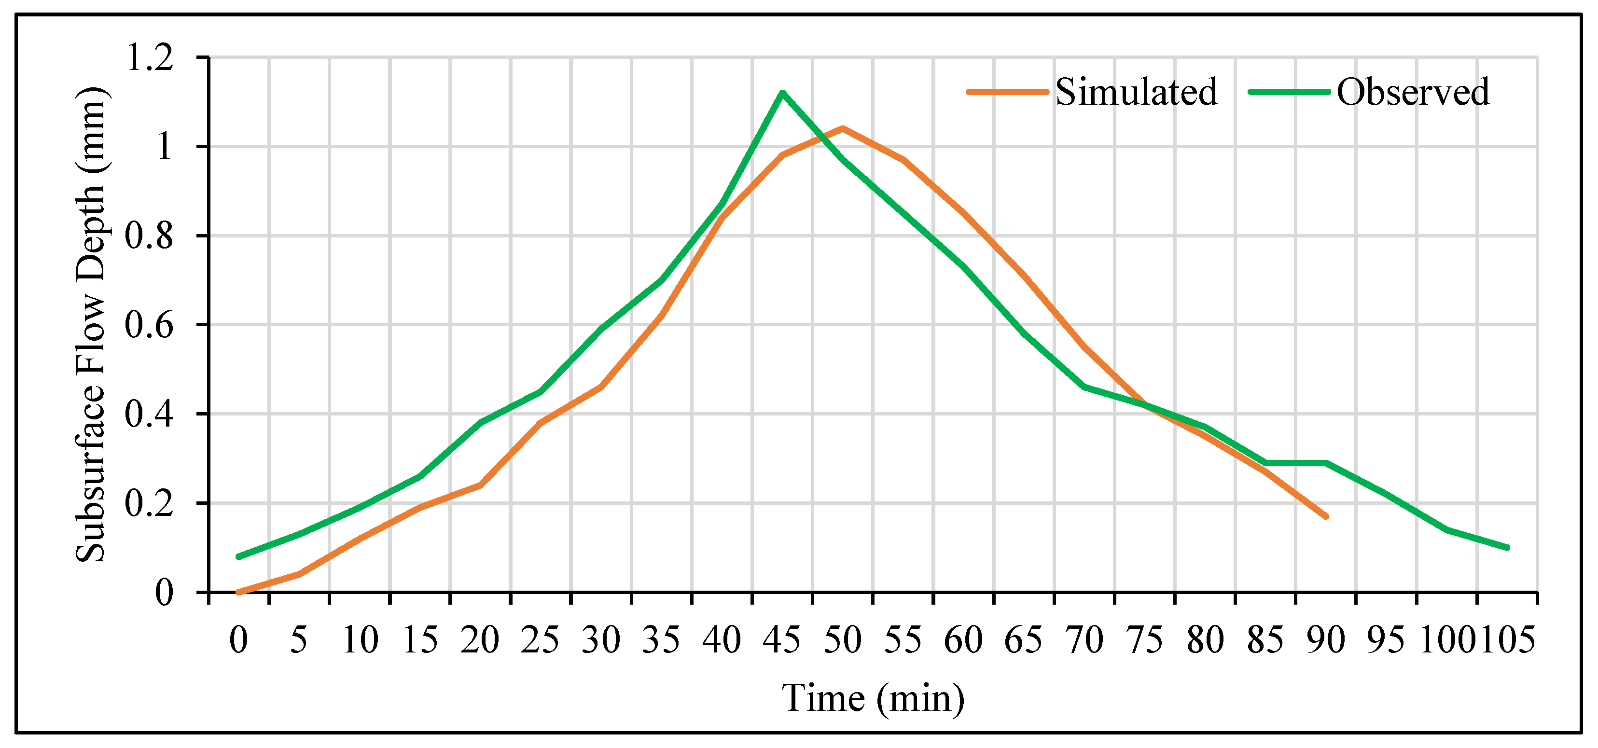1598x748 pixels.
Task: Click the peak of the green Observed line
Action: click(x=782, y=93)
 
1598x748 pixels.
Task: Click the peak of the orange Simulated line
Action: click(x=842, y=128)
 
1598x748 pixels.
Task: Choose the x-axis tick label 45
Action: click(x=782, y=640)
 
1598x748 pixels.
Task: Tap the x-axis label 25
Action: click(x=540, y=640)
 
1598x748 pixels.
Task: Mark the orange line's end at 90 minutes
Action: click(x=1326, y=516)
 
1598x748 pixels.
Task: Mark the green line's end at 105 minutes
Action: click(x=1507, y=548)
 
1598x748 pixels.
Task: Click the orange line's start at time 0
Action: click(x=239, y=592)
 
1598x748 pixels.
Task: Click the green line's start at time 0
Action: click(x=239, y=556)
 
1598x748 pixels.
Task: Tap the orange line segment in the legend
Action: click(x=1007, y=92)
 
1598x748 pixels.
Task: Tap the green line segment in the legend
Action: click(x=1289, y=92)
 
